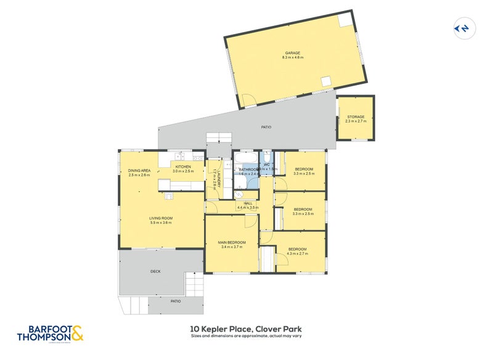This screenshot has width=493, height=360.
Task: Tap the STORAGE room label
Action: click(x=356, y=117)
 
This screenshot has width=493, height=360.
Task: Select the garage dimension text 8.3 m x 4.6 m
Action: click(x=293, y=57)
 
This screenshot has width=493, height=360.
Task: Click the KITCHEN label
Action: click(x=183, y=166)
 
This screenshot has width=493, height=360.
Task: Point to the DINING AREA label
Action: click(x=139, y=170)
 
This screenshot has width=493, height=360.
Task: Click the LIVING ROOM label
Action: click(x=160, y=218)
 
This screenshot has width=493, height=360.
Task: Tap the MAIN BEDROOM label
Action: click(x=232, y=242)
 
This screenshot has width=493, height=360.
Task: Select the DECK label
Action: click(x=155, y=271)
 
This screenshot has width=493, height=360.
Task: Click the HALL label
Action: click(x=248, y=203)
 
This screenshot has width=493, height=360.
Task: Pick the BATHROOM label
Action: click(x=249, y=170)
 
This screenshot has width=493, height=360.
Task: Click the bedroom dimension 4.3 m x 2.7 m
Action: click(x=297, y=253)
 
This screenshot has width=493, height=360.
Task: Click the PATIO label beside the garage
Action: click(x=266, y=127)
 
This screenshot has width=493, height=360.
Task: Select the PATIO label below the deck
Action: click(x=176, y=301)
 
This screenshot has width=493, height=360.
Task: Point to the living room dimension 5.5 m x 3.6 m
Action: click(x=160, y=223)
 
